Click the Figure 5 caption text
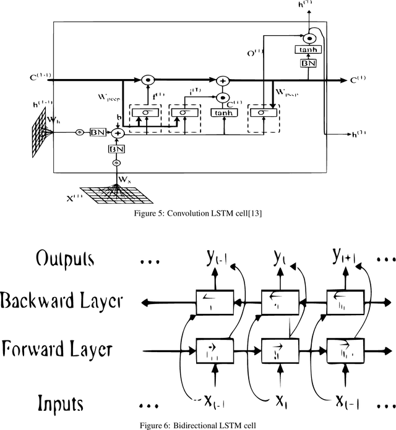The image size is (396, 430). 198,214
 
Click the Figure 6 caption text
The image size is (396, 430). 198,423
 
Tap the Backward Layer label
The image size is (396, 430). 62,302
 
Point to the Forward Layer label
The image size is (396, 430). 57,349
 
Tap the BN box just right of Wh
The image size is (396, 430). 97,133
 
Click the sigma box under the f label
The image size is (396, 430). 145,112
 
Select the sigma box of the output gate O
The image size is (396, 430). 263,112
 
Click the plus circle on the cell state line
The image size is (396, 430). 222,80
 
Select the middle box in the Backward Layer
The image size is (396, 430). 273,302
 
